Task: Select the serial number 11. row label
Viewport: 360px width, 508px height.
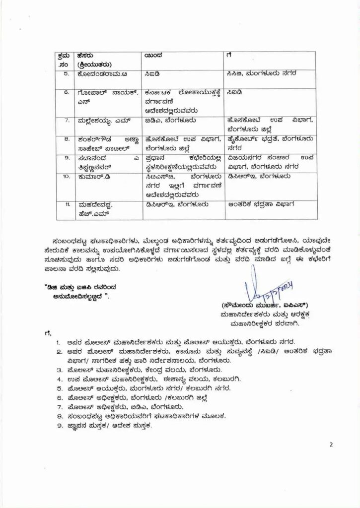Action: tap(66, 203)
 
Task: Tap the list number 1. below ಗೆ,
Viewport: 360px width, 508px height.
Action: tap(58, 342)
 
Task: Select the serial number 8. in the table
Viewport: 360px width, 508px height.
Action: tap(66, 139)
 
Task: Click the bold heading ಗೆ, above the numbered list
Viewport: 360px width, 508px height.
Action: tap(48, 332)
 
